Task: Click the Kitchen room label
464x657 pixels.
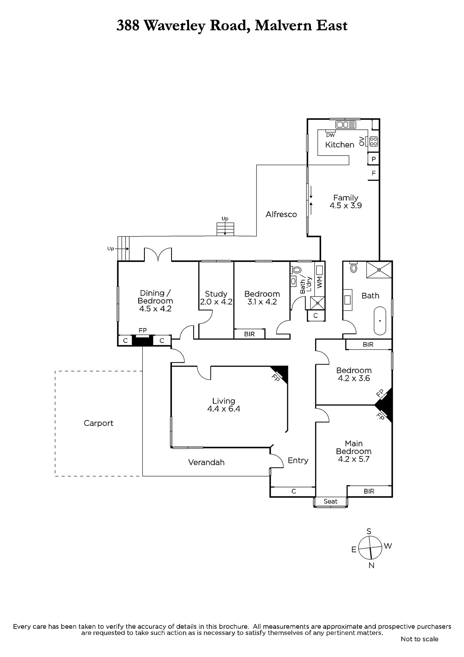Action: tap(339, 145)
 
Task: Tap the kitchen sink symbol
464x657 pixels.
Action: tap(345, 125)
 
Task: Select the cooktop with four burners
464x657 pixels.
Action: tap(373, 142)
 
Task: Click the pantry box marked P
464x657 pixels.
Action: tap(374, 159)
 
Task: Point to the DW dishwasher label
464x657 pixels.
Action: tap(330, 135)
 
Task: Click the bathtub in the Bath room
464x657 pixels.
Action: tap(380, 321)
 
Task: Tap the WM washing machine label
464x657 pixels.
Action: tap(320, 282)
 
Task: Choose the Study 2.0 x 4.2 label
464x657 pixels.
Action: tap(216, 298)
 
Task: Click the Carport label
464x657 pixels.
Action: tap(98, 423)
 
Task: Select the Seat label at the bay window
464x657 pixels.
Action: tap(330, 501)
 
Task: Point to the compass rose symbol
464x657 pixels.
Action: tap(370, 548)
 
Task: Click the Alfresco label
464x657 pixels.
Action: tap(281, 214)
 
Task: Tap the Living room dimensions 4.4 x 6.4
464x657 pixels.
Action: tap(224, 409)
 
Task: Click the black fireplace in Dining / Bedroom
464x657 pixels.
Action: tap(142, 340)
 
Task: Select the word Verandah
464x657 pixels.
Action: tap(206, 462)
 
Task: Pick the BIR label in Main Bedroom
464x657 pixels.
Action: tap(369, 491)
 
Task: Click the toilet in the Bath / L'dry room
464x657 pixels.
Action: tap(297, 270)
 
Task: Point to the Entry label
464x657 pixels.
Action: tap(298, 460)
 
